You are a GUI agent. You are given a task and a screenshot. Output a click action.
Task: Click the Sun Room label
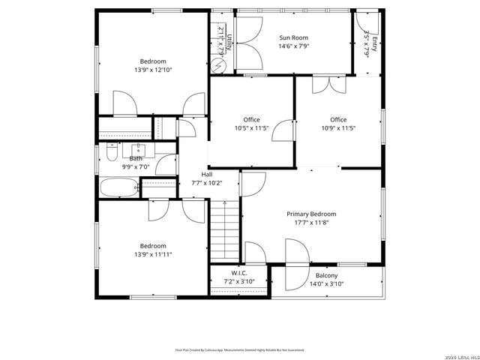[x=293, y=37]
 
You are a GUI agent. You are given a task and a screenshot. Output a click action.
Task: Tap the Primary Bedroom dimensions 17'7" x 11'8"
[x=312, y=223]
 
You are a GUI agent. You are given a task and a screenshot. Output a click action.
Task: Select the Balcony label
[x=326, y=275]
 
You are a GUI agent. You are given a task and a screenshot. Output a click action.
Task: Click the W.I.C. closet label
[x=239, y=273]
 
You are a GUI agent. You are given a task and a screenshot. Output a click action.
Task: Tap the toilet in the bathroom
[x=109, y=154]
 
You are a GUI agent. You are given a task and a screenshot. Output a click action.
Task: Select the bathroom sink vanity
[x=138, y=148]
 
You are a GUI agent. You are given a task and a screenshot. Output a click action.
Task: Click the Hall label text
[x=206, y=174]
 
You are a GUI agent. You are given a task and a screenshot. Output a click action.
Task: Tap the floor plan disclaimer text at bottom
[x=240, y=349]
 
